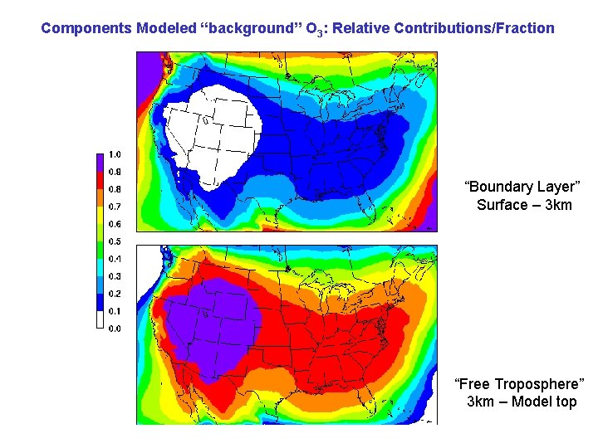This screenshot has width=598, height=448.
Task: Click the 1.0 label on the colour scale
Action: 115,155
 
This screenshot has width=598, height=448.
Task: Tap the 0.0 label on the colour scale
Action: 115,329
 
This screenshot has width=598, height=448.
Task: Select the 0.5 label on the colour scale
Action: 115,241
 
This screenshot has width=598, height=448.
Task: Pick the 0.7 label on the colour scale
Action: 115,207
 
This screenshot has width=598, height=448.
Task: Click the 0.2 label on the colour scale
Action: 115,294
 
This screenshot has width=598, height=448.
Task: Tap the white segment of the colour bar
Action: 100,319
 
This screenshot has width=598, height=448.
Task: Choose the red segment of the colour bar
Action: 100,181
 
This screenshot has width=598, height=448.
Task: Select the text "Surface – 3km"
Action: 524,205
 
